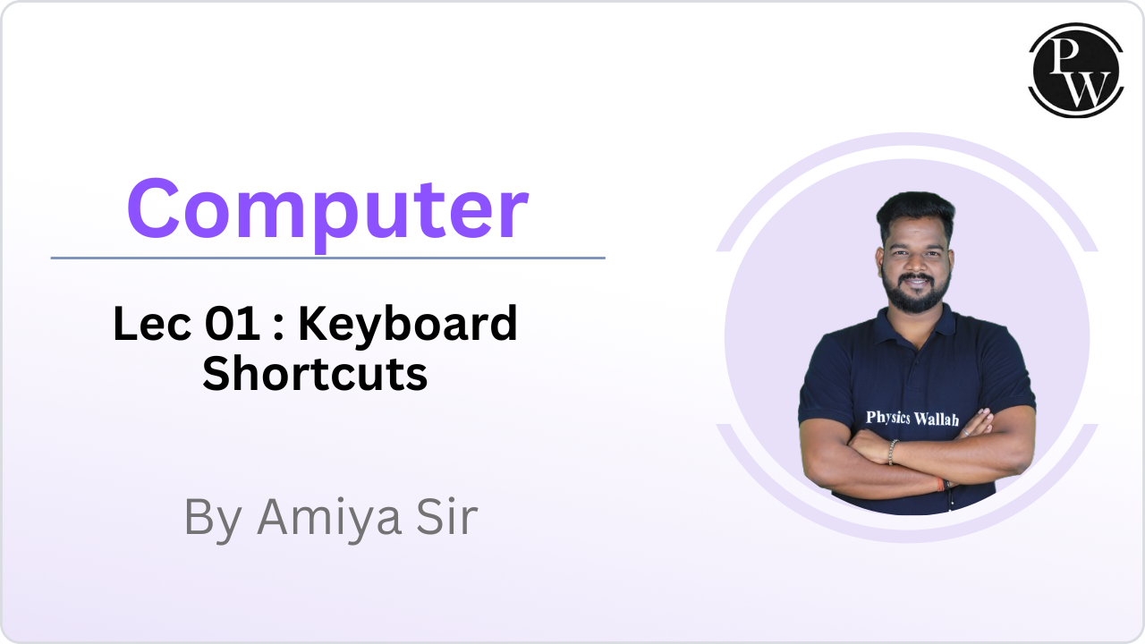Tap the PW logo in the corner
[x=1076, y=70]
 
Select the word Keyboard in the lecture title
[x=408, y=324]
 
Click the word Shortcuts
[x=315, y=374]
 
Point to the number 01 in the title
[x=233, y=324]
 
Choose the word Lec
[x=152, y=324]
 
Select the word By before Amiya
[x=213, y=520]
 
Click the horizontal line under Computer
[x=327, y=258]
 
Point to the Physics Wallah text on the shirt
[x=912, y=419]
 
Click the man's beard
[x=915, y=294]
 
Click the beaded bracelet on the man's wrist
[x=892, y=453]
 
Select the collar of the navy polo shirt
[x=915, y=322]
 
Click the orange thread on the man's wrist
[x=940, y=484]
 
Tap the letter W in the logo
[x=1087, y=89]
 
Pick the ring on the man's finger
[x=965, y=434]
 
